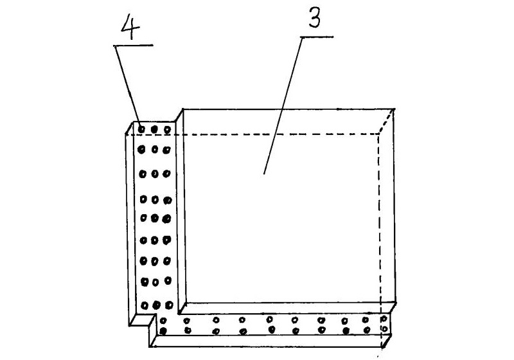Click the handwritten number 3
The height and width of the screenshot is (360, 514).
pos(315,18)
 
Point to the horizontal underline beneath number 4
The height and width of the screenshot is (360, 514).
pos(133,45)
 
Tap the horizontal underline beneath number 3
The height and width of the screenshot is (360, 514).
pos(317,37)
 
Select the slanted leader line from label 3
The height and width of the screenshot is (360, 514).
pos(283,105)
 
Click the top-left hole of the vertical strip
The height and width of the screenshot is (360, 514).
pos(141,129)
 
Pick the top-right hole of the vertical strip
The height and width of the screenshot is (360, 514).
pos(168,130)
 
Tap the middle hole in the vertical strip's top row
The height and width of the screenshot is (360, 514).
pos(154,129)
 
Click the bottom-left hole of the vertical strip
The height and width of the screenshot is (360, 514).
pos(145,305)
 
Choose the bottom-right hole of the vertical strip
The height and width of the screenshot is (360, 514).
pos(169,305)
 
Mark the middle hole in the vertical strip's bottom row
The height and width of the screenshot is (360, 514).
pos(157,305)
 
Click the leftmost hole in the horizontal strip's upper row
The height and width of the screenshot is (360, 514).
pos(163,320)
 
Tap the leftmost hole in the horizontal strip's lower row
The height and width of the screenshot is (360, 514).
pos(163,331)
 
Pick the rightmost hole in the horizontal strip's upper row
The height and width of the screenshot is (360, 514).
pos(384,318)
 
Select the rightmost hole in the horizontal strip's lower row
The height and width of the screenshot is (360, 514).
pos(384,328)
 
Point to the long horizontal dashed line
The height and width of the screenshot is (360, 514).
pos(253,134)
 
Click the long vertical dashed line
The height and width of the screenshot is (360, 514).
pos(380,240)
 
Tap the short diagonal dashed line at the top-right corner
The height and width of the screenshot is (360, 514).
pos(387,122)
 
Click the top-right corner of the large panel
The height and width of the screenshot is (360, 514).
pos(394,109)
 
